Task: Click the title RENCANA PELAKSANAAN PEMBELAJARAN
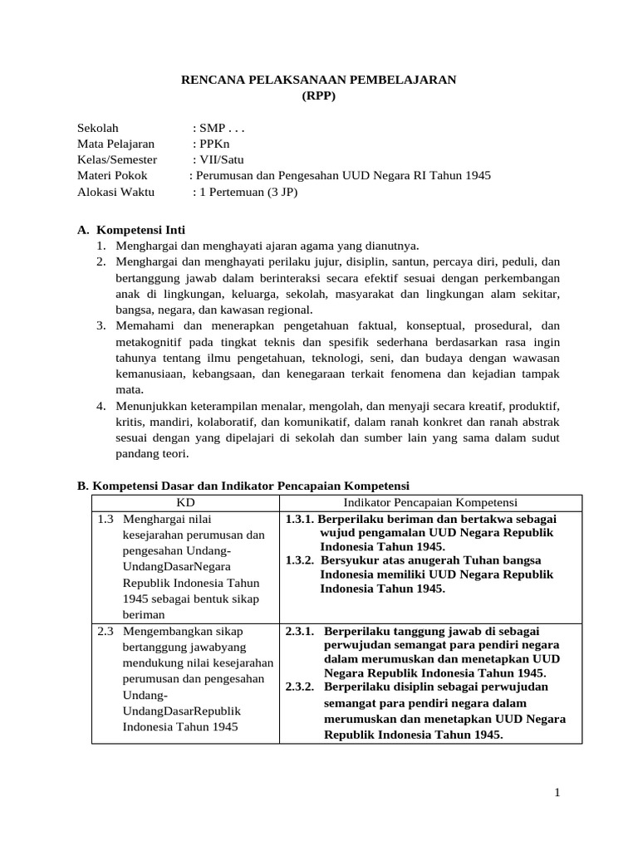click(x=320, y=80)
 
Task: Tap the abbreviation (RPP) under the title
click(x=320, y=95)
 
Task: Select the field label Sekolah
click(x=98, y=128)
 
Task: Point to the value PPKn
click(x=213, y=144)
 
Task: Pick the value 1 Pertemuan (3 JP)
click(x=247, y=192)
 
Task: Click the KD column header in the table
click(x=184, y=502)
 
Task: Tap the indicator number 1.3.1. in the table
click(x=300, y=519)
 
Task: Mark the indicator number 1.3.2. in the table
click(x=300, y=559)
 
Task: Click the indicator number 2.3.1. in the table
click(x=300, y=631)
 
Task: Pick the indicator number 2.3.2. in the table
click(x=300, y=686)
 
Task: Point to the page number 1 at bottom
click(x=558, y=794)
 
